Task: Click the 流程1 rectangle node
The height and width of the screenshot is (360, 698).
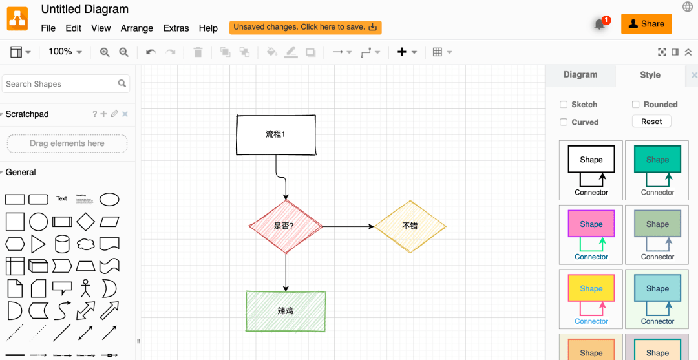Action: coord(276,135)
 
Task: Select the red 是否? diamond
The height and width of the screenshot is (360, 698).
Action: coord(286,226)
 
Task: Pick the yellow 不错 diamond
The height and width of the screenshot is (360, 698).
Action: coord(410,226)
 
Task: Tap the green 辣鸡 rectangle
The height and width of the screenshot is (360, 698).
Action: coord(286,311)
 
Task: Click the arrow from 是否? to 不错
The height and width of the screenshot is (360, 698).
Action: coord(348,226)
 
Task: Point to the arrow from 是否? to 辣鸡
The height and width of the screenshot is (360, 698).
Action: coord(286,272)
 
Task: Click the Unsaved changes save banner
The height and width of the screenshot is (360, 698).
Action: coord(305,28)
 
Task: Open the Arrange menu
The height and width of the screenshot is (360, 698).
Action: coord(136,28)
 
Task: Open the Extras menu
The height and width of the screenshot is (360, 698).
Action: coord(176,28)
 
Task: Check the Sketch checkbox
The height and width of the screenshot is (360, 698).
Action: coord(564,105)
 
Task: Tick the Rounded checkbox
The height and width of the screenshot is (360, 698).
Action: coord(636,105)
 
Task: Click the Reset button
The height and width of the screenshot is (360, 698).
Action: coord(651,122)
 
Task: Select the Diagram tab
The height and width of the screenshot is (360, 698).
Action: coord(580,75)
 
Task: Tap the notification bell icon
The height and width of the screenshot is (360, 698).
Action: coord(600,25)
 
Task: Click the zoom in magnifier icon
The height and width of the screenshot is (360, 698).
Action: coord(105,52)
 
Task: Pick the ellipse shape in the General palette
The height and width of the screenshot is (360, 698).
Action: coord(109,199)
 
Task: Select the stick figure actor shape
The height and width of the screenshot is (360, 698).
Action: coord(85,288)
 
